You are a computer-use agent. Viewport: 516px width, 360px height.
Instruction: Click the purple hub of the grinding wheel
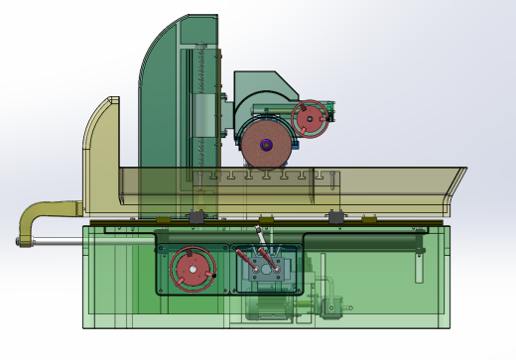point(266,145)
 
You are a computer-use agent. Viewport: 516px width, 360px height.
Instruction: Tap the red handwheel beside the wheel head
point(315,119)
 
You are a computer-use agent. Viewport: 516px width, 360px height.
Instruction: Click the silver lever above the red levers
point(261,242)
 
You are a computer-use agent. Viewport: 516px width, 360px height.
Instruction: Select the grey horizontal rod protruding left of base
point(55,240)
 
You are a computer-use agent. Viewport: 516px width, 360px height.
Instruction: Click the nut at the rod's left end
point(19,240)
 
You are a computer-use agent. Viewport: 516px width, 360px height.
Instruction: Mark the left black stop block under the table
point(196,216)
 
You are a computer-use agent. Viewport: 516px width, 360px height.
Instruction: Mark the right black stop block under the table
point(336,216)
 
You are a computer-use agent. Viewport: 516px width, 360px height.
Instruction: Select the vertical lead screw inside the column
point(206,109)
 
